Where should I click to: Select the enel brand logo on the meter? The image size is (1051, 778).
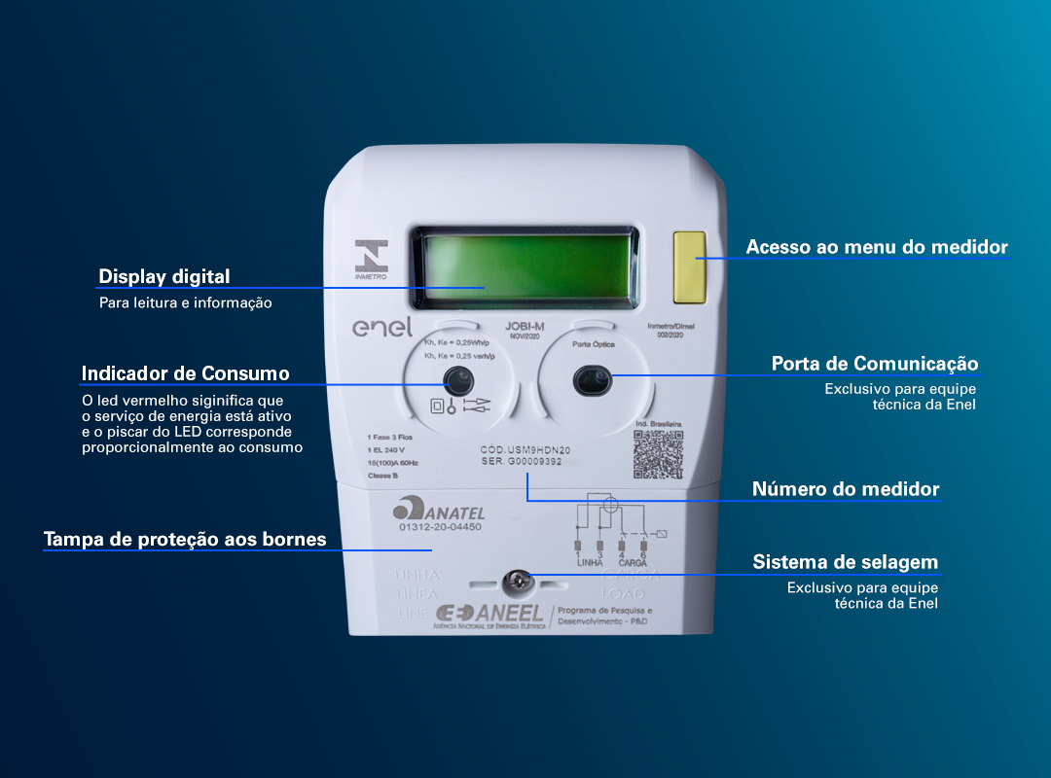coord(381,328)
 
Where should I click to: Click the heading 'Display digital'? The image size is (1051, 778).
coord(164,277)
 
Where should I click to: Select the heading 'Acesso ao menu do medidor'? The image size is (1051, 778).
coord(876,247)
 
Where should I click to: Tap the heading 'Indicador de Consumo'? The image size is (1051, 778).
coord(185,373)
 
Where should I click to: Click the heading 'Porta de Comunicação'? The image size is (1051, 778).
coord(874,364)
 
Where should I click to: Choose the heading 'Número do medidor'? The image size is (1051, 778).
coord(845,489)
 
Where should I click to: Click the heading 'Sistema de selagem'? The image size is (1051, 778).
coord(845,562)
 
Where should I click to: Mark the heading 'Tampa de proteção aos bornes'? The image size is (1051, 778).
coord(185,539)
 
